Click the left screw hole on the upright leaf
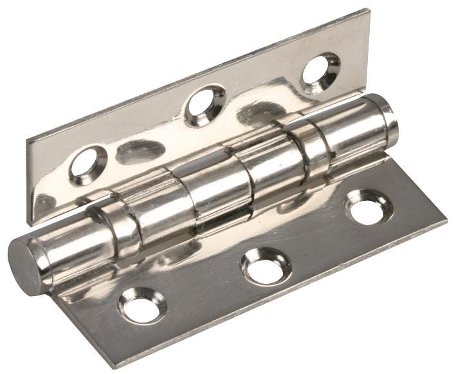tap(87, 164)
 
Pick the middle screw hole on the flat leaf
tap(266, 265)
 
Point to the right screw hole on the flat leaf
tap(369, 209)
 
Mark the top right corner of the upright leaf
tap(368, 11)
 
